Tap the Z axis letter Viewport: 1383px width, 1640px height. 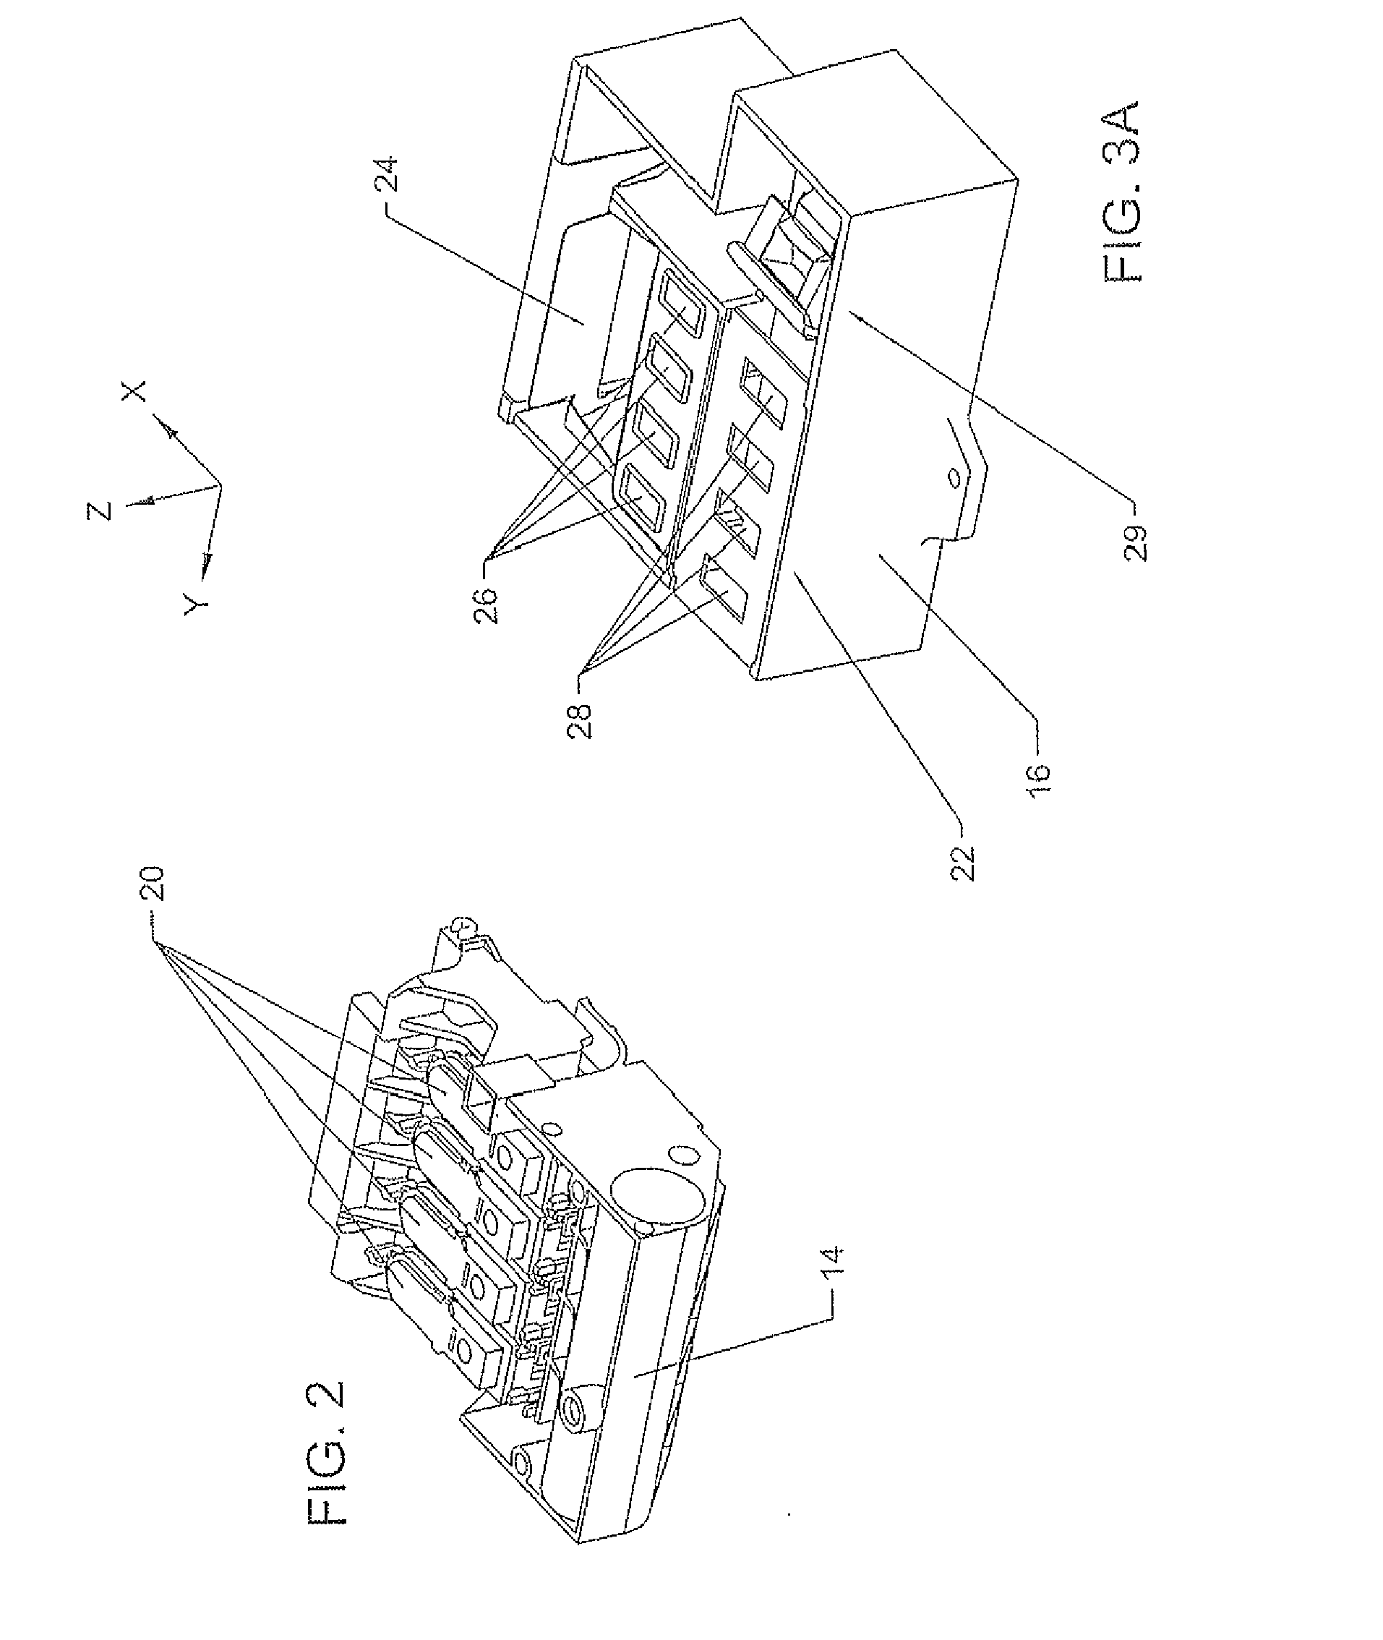100,511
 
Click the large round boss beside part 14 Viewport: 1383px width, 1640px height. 659,1190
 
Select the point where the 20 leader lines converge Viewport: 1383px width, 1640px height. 159,944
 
